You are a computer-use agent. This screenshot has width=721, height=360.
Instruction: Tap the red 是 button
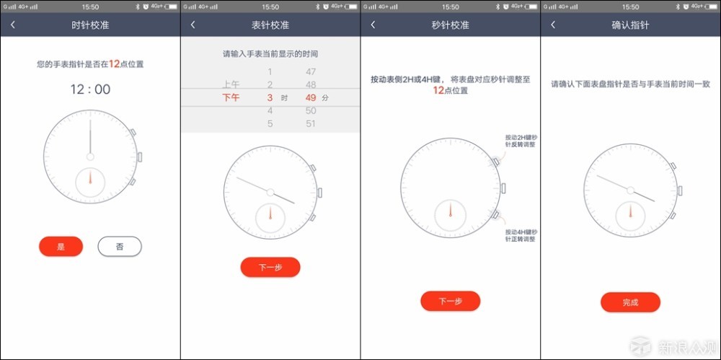pos(61,247)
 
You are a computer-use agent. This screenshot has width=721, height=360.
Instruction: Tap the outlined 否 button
pos(120,247)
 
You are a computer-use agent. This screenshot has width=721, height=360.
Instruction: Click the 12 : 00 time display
pos(90,89)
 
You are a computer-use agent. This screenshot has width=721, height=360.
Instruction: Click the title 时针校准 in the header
pos(90,25)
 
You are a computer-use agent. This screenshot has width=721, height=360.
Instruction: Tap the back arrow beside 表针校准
pos(193,25)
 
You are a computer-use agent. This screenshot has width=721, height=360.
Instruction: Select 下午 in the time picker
pos(231,97)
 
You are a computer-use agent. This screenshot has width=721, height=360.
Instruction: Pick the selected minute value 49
pos(311,97)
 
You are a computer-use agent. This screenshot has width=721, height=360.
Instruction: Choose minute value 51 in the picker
pos(311,123)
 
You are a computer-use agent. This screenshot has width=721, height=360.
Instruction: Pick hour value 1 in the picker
pos(270,71)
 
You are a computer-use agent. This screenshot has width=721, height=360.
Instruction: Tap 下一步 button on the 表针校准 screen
pos(270,267)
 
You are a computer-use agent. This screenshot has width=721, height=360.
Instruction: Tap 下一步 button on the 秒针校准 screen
pos(450,301)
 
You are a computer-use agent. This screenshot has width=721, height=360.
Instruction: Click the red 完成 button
pos(630,302)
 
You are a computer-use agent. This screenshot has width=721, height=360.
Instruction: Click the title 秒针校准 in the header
pos(451,25)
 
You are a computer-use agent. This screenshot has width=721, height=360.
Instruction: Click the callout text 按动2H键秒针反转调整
pos(521,140)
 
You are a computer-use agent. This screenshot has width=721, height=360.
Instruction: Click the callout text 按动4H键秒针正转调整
pos(521,235)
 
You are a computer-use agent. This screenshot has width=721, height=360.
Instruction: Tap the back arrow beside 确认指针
pos(553,25)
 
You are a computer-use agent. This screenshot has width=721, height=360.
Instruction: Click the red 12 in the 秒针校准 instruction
pos(438,91)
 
